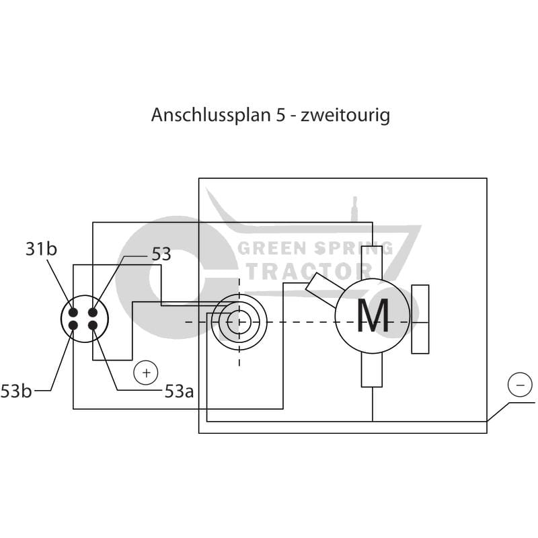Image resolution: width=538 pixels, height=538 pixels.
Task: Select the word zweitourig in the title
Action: click(x=346, y=115)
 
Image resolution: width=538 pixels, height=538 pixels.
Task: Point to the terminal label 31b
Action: click(x=41, y=249)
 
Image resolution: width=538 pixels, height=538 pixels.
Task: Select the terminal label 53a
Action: click(x=179, y=391)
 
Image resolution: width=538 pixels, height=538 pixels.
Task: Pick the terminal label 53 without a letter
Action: click(x=161, y=254)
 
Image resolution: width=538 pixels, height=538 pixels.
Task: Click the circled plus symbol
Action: click(x=145, y=372)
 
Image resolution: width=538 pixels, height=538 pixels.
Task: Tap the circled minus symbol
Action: click(x=518, y=386)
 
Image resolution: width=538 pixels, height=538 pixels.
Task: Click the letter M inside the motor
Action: click(x=372, y=315)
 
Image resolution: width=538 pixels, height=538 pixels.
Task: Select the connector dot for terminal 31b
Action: click(x=73, y=313)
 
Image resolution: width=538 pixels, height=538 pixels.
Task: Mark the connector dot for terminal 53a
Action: click(x=93, y=325)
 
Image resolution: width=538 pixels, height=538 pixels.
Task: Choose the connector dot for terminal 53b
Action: click(x=73, y=325)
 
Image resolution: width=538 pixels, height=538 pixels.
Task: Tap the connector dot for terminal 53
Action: click(x=93, y=313)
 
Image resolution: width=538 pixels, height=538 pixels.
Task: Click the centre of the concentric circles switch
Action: click(x=239, y=321)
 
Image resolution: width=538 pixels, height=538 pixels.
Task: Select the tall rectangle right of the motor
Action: click(x=420, y=319)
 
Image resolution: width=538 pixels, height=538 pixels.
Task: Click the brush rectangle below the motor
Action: click(x=372, y=369)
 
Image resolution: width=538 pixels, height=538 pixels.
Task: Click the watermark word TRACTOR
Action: click(x=311, y=271)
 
